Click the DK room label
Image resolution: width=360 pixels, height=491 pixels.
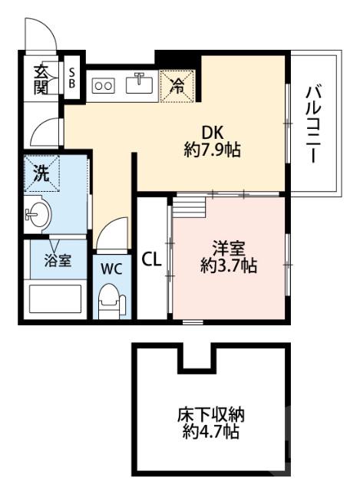point(213,131)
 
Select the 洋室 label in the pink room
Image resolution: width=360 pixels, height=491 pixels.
point(228,249)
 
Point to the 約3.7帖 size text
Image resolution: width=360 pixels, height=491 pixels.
point(228,266)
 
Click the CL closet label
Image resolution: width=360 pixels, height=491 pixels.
point(151,259)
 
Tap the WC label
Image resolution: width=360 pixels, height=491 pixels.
point(111,269)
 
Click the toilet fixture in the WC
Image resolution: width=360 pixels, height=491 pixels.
point(111,300)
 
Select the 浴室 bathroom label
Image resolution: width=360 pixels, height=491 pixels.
point(57,260)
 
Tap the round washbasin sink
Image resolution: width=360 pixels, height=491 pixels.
point(36,213)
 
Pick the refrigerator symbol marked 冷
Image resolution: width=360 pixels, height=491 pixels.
point(177,85)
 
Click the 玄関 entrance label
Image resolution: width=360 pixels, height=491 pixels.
point(41,77)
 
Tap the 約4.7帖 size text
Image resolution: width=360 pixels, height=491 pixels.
point(211,434)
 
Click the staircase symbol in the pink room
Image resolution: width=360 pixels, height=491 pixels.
point(189,207)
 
